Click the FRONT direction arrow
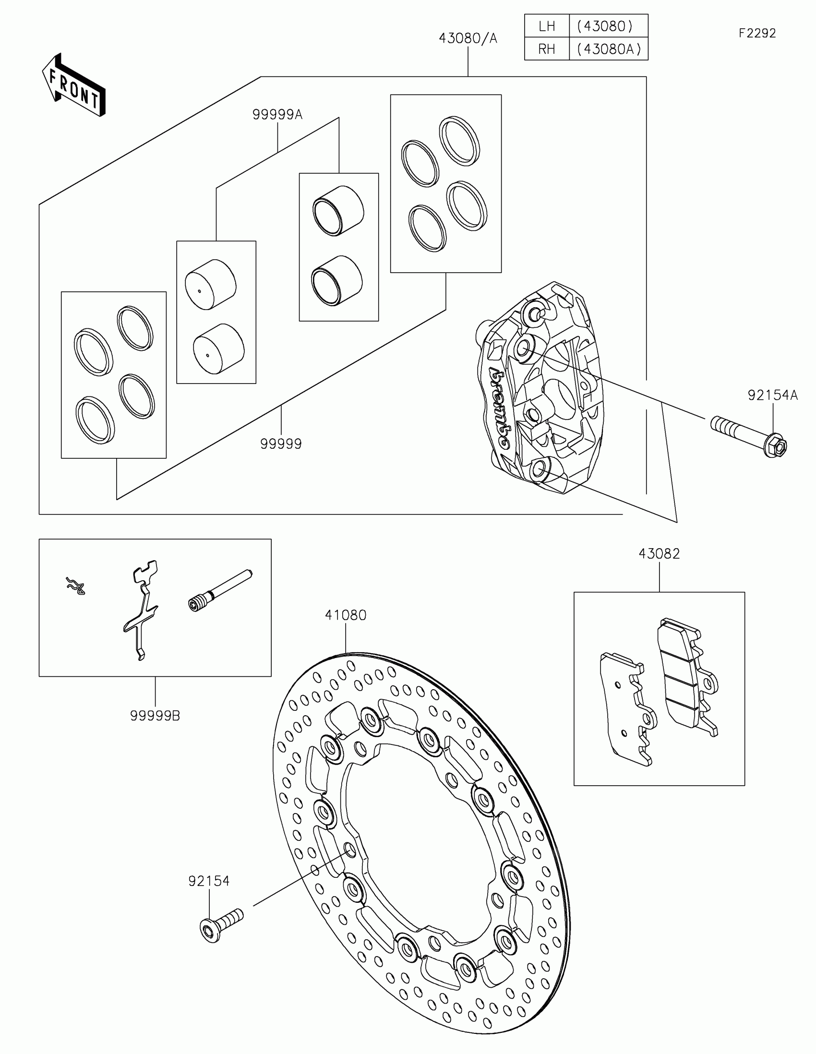coord(73,86)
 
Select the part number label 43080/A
coord(467,38)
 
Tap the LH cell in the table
coord(547,26)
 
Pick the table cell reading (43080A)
coord(609,49)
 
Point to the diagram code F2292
coord(756,33)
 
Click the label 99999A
coord(277,115)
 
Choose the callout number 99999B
coord(155,716)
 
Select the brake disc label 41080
coord(346,615)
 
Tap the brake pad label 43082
coord(659,553)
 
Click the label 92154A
coord(773,395)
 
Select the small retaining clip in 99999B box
coord(76,586)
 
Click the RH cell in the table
coord(547,49)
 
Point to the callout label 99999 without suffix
coord(281,443)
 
